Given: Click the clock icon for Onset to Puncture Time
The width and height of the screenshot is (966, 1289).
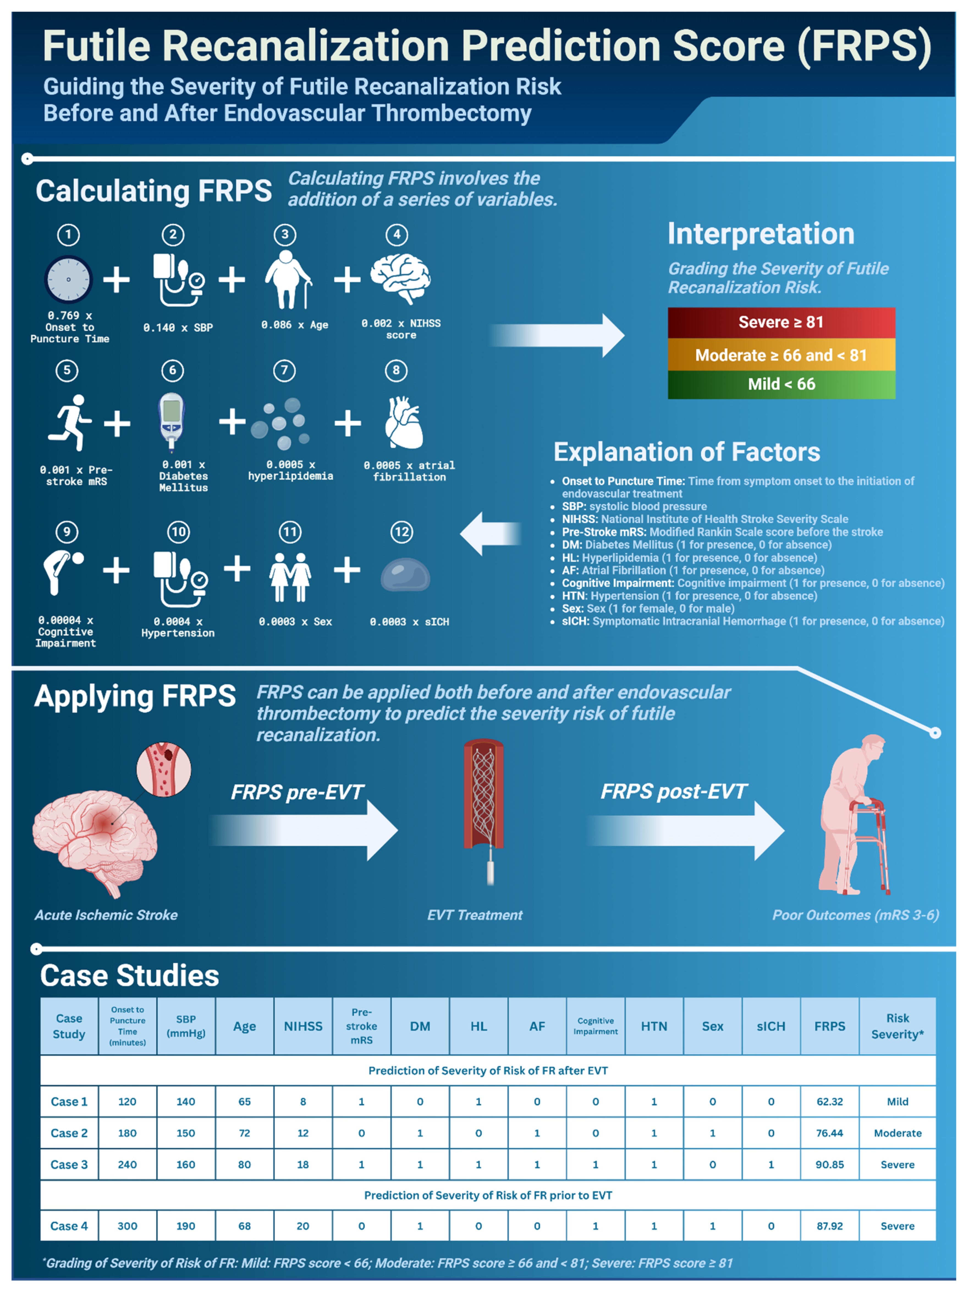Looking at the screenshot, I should pyautogui.click(x=68, y=279).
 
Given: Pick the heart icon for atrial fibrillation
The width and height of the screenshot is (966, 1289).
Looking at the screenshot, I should pyautogui.click(x=403, y=423).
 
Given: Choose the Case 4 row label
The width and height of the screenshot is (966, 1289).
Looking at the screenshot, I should pyautogui.click(x=69, y=1225).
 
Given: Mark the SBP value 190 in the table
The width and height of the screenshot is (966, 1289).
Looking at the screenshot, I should pyautogui.click(x=185, y=1225).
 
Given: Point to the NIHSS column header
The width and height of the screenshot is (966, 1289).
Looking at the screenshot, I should pyautogui.click(x=302, y=1026).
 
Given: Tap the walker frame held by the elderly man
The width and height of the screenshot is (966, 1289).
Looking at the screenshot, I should pyautogui.click(x=869, y=845).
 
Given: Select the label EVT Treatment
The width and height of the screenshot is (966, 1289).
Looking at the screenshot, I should pyautogui.click(x=475, y=915).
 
